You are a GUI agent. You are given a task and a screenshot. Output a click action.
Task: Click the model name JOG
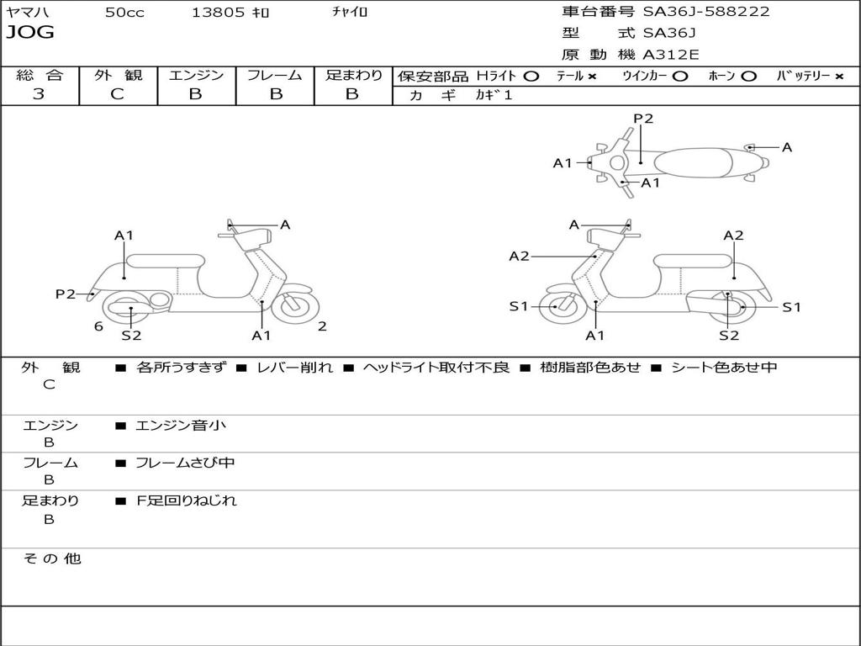pos(30,33)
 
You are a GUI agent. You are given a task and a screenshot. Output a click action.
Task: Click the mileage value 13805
pos(218,12)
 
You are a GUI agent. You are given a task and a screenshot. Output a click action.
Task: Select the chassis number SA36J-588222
pos(706,12)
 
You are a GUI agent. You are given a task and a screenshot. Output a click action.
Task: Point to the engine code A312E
pos(671,55)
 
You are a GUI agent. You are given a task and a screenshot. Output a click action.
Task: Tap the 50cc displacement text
pos(124,13)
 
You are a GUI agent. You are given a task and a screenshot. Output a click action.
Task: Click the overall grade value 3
pos(39,94)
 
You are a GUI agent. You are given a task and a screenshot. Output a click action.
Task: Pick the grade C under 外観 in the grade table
pos(117,94)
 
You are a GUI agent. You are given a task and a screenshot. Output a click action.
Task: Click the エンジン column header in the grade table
pos(196,75)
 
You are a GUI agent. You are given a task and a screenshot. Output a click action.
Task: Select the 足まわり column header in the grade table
pos(353,75)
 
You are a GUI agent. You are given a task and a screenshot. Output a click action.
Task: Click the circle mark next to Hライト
pos(531,76)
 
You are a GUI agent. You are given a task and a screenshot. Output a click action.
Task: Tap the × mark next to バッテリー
pos(839,76)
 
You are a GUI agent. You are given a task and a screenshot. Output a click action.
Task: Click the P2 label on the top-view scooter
pos(643,119)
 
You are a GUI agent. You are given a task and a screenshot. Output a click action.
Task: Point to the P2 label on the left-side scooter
pos(65,294)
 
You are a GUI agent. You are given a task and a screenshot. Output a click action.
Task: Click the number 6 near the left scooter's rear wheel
pos(98,326)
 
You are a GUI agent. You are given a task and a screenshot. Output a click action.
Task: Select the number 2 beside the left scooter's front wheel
pos(322,326)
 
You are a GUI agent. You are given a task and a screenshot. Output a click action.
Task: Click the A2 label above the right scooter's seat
pos(733,236)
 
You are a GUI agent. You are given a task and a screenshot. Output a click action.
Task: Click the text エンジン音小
pos(181,426)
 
